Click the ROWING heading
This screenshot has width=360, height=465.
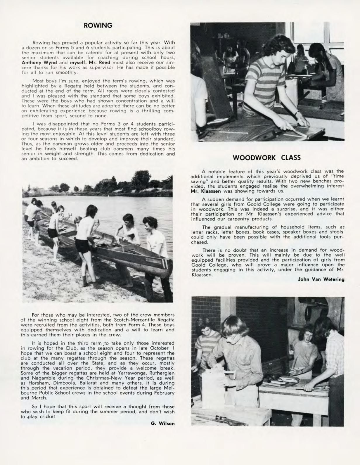click(98, 25)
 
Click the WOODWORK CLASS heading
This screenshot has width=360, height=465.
click(266, 158)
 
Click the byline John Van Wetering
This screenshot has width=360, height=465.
click(321, 279)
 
